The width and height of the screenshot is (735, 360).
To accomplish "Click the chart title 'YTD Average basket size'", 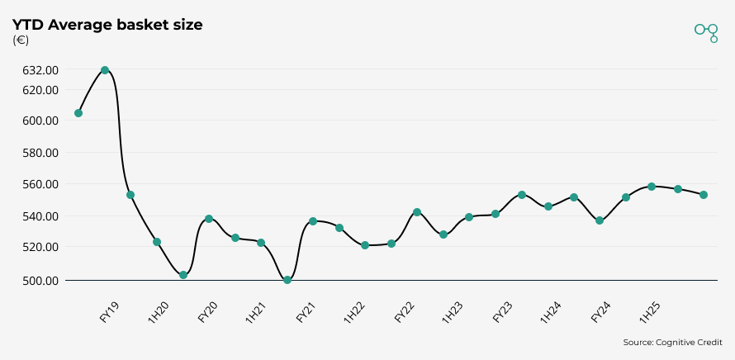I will tap(107, 25).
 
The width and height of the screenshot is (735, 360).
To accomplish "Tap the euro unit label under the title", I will tap(21, 40).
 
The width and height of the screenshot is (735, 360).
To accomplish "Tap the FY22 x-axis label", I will tap(405, 313).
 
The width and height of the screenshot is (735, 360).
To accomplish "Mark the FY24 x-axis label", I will tap(601, 313).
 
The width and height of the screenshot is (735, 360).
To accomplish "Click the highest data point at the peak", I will tap(105, 70).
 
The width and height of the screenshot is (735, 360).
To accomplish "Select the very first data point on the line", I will tap(78, 113).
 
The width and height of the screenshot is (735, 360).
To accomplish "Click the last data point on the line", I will tap(704, 195).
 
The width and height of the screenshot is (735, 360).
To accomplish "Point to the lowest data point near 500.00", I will tap(287, 280).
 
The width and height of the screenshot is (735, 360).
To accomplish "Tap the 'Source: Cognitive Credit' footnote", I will tap(673, 342).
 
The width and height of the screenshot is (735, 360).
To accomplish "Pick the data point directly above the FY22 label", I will tap(417, 212).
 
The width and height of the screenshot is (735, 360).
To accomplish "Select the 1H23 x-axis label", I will tap(453, 313).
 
